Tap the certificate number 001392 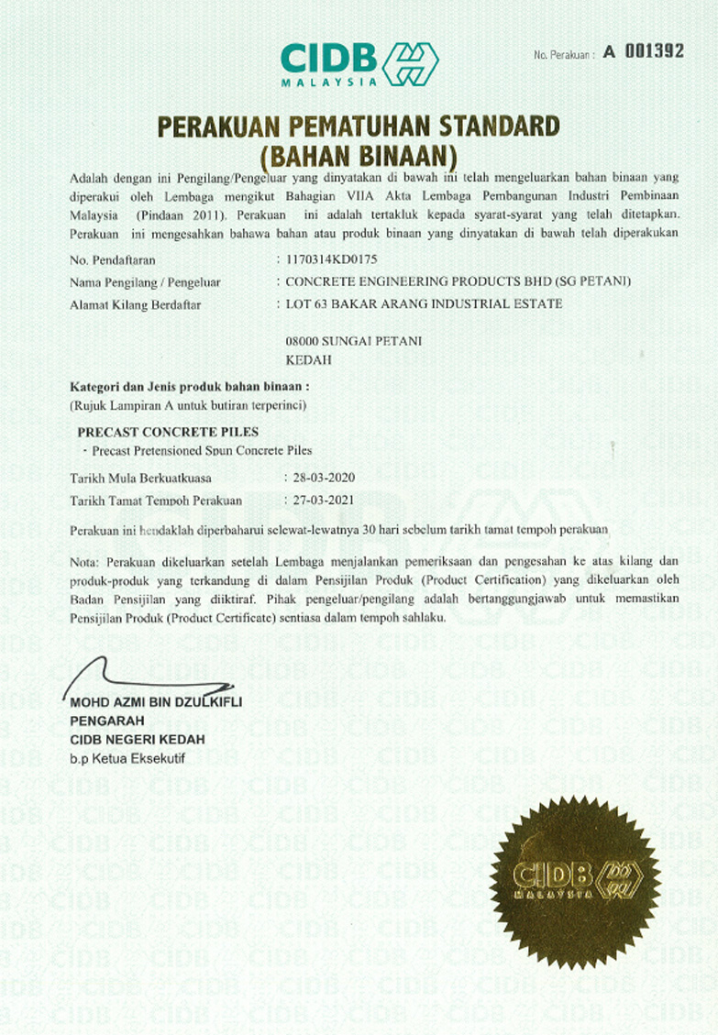pyautogui.click(x=654, y=52)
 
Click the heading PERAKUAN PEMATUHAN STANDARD pyautogui.click(x=359, y=126)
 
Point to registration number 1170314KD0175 pyautogui.click(x=331, y=259)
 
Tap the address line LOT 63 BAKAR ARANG pyautogui.click(x=425, y=303)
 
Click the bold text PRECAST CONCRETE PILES pyautogui.click(x=169, y=431)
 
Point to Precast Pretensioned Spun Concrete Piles pyautogui.click(x=202, y=450)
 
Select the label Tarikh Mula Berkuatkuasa pyautogui.click(x=140, y=478)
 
